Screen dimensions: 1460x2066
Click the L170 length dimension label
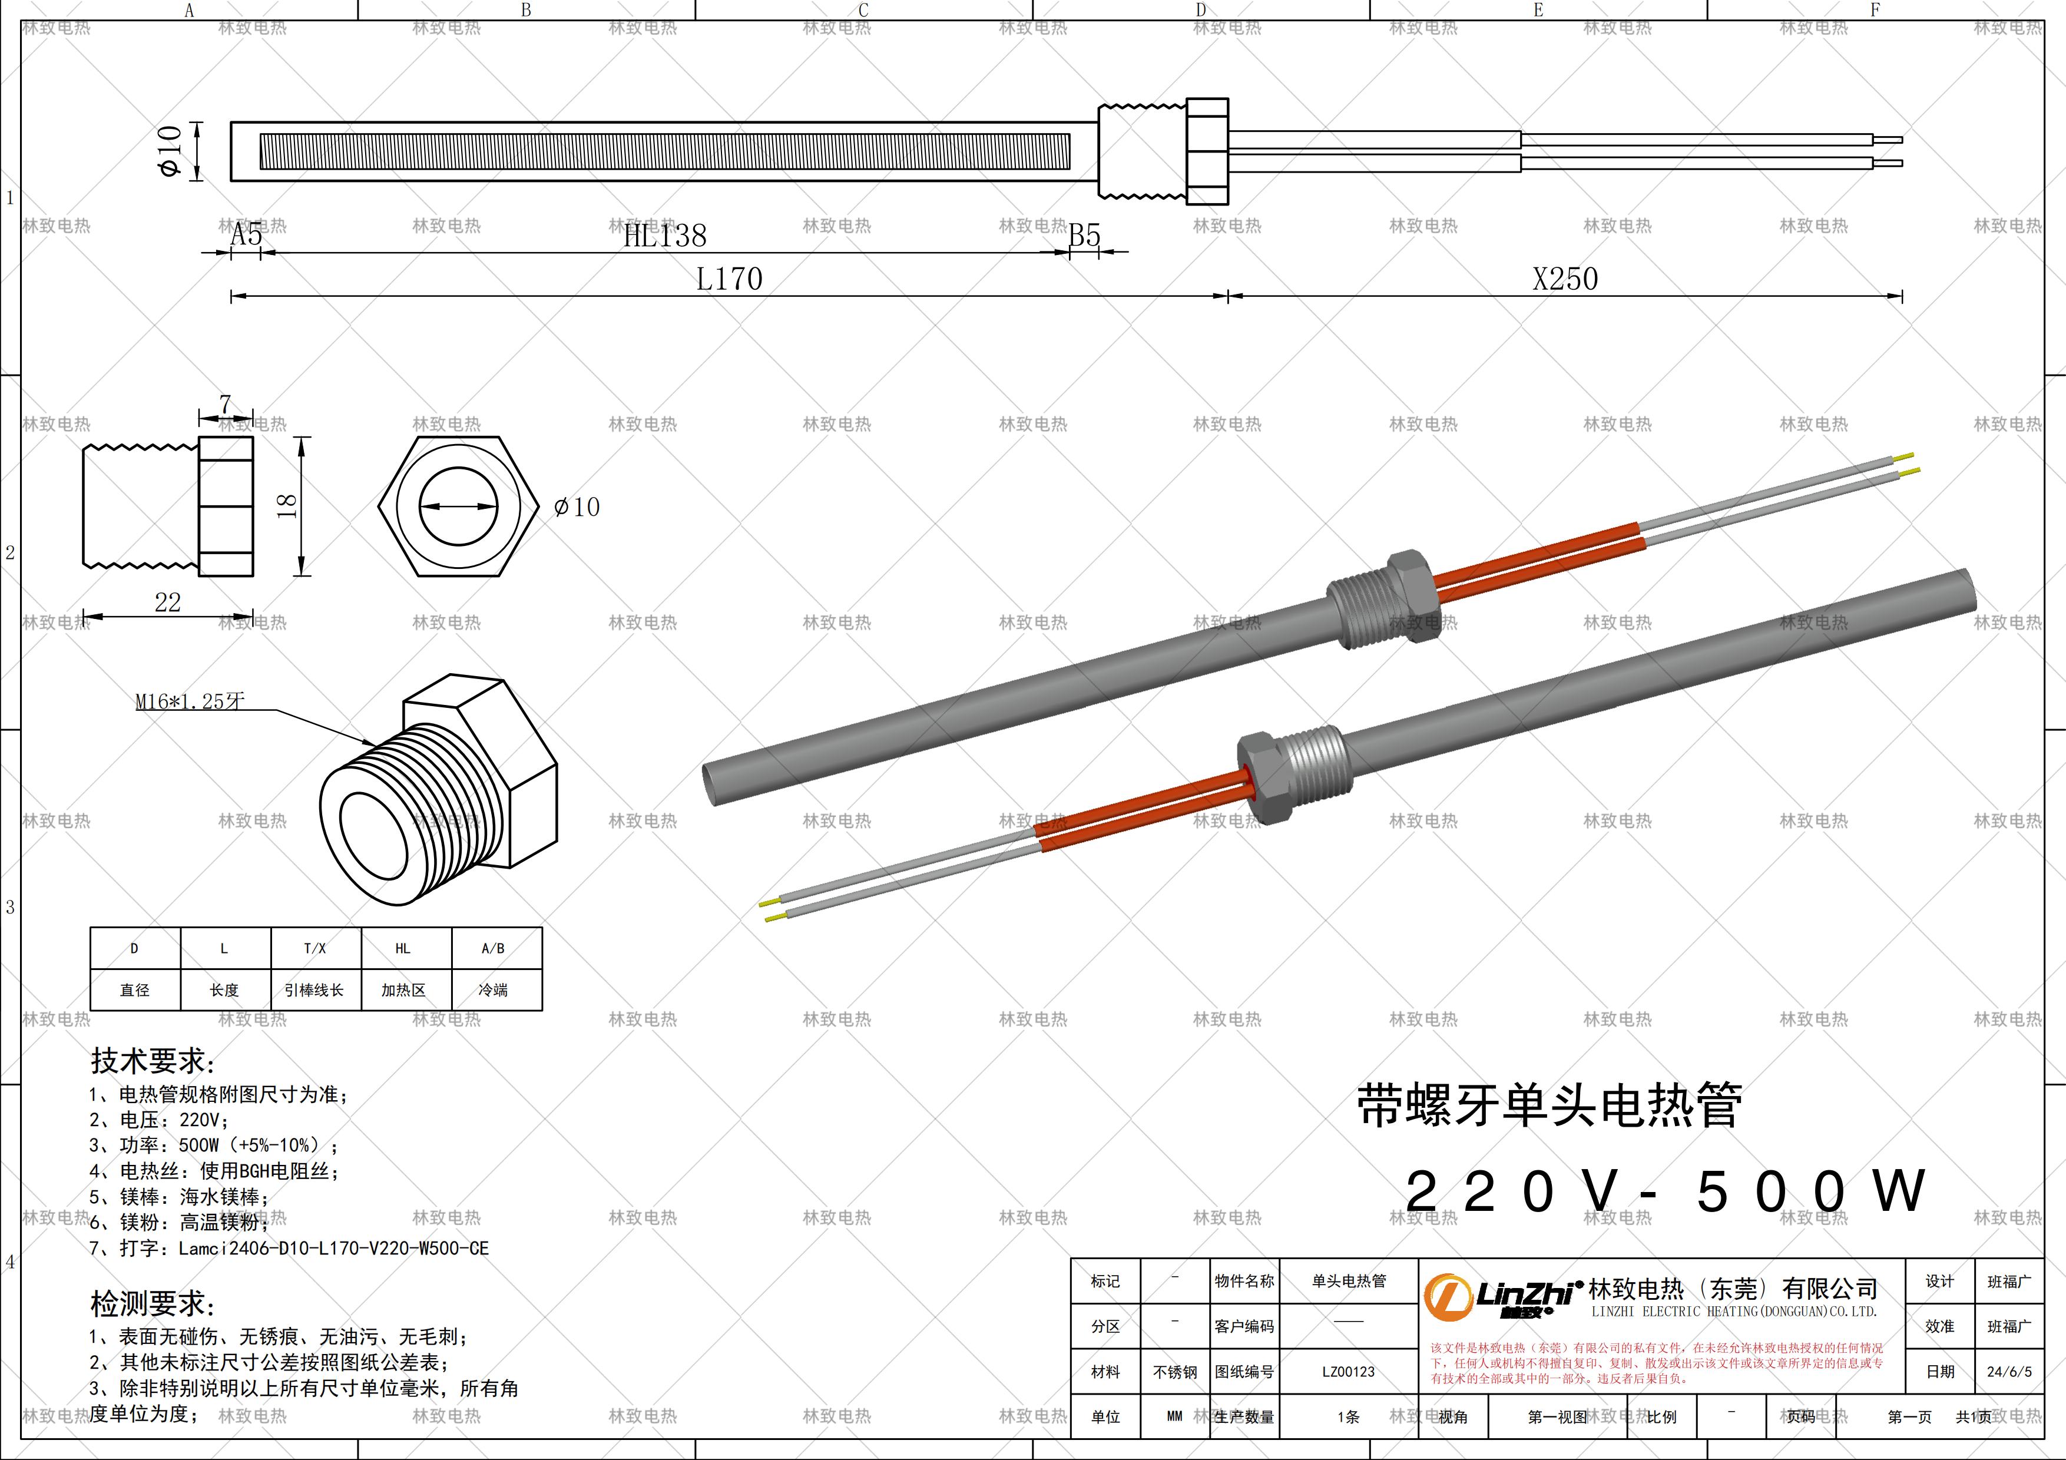[x=729, y=279]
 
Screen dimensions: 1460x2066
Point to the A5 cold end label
[x=246, y=235]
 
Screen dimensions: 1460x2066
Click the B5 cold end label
[x=1084, y=236]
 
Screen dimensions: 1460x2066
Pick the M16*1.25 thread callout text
[x=190, y=701]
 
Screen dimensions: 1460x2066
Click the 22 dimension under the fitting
[x=167, y=602]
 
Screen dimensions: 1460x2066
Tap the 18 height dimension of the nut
[x=287, y=505]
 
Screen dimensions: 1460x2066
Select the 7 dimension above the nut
[x=225, y=405]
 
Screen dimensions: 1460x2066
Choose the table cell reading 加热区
[x=403, y=989]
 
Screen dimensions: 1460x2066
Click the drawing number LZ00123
[x=1348, y=1372]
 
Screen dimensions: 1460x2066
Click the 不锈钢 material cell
[x=1175, y=1372]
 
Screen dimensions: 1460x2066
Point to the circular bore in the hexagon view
[x=459, y=506]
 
